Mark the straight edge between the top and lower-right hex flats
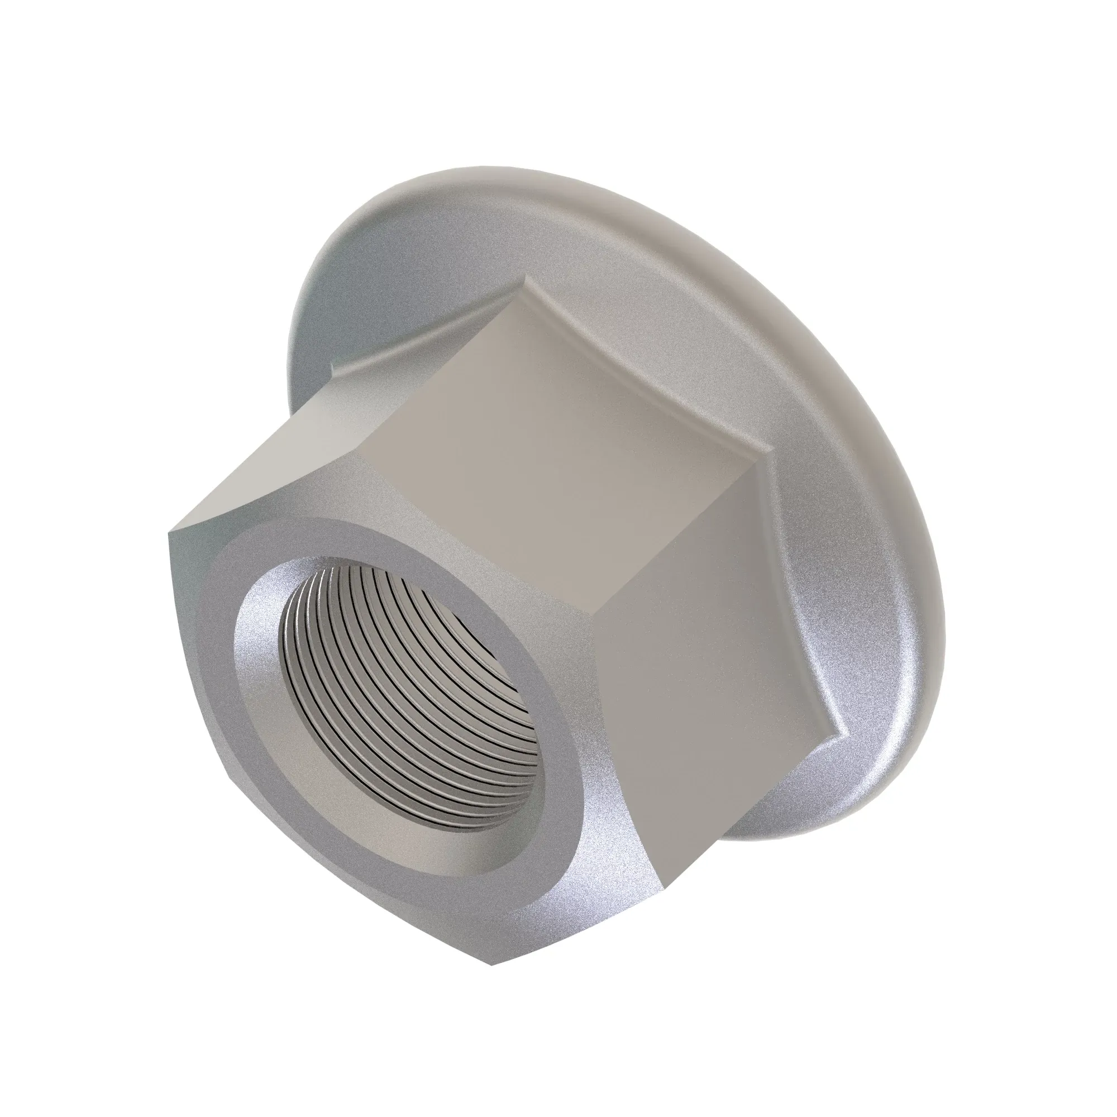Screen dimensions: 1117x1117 tap(671, 538)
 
